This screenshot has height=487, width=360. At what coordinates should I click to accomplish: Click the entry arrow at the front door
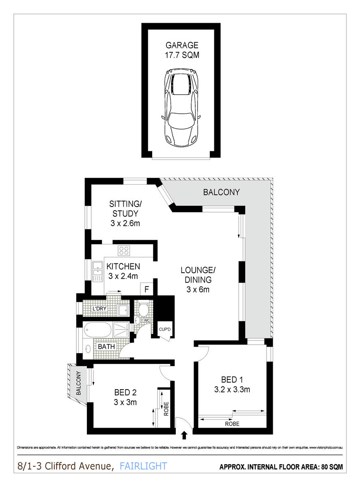[185, 435]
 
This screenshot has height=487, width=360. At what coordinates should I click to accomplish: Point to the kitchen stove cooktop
[124, 251]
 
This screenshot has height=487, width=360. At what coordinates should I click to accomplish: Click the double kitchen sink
[98, 271]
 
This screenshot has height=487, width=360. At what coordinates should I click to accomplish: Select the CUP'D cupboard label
[164, 329]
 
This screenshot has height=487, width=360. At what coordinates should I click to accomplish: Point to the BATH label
[107, 347]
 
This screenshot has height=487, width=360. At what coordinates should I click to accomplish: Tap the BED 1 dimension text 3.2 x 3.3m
[232, 390]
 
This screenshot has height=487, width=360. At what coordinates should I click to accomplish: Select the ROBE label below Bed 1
[231, 424]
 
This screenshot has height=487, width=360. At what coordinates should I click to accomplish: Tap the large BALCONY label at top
[221, 192]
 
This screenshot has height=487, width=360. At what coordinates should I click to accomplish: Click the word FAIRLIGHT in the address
[143, 466]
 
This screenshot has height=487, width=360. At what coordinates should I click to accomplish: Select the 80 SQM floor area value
[330, 467]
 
